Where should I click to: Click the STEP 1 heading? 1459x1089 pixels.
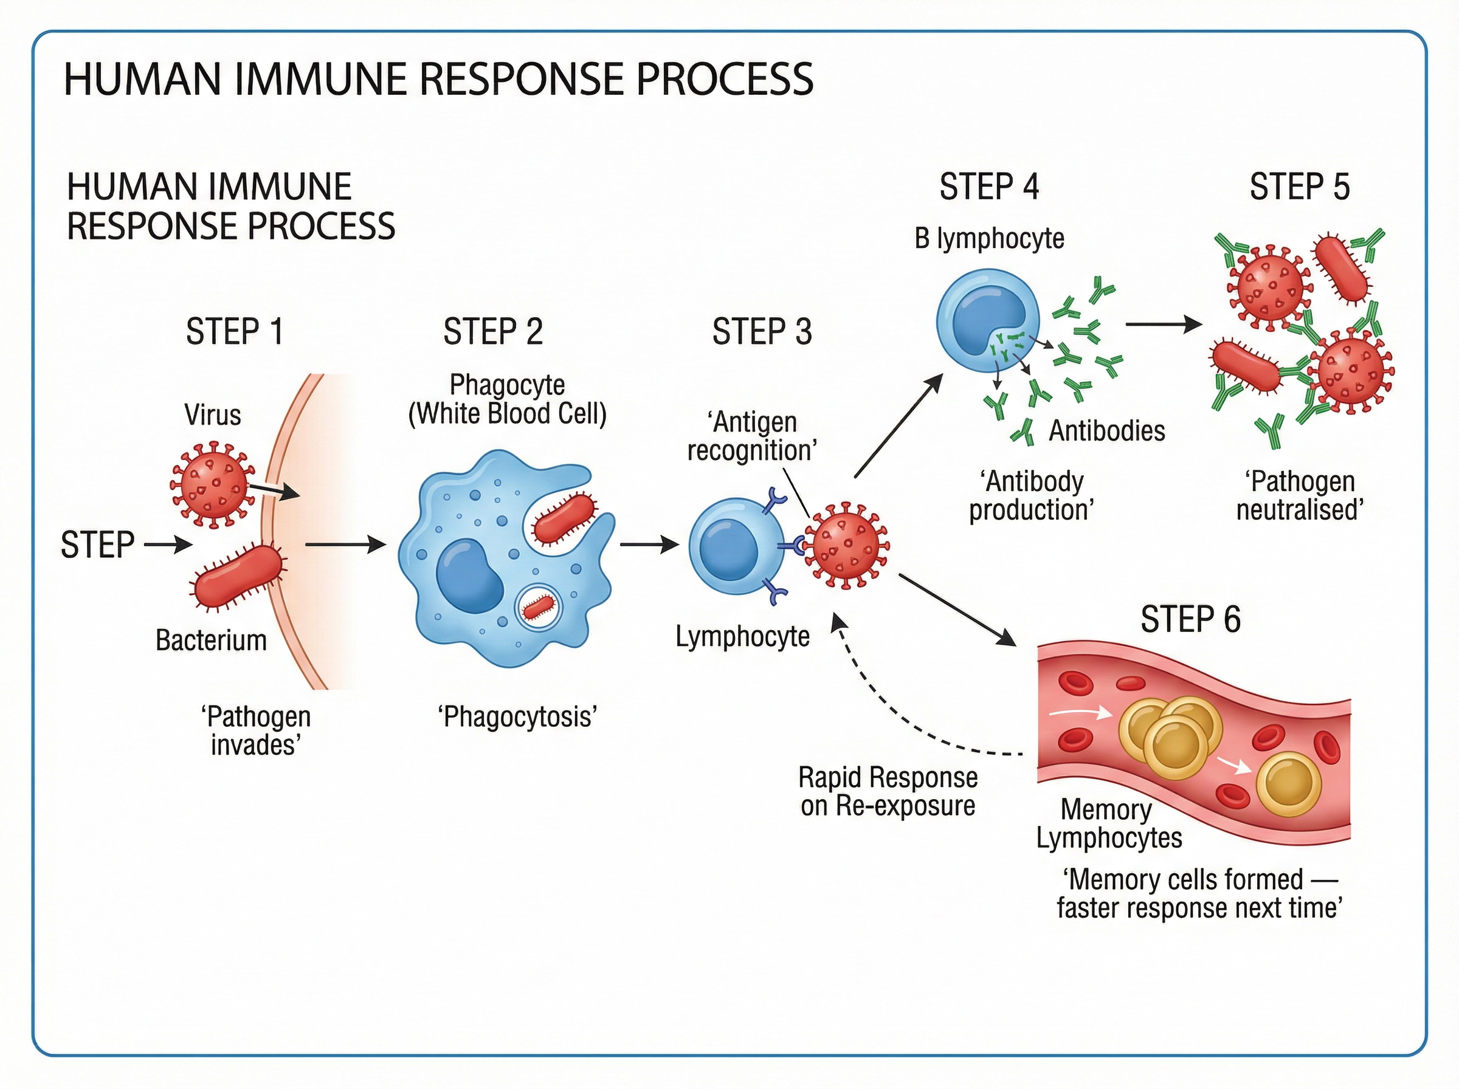[x=234, y=332]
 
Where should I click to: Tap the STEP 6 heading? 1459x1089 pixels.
[x=1190, y=620]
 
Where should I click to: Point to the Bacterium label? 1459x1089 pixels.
[x=211, y=640]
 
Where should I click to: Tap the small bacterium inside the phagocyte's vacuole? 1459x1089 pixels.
[x=539, y=607]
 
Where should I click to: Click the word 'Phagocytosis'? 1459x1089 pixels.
[x=517, y=716]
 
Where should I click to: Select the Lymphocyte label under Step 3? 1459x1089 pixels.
[x=742, y=637]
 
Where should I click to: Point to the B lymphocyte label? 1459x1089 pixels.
[x=989, y=239]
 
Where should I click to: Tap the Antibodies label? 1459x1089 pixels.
[x=1107, y=431]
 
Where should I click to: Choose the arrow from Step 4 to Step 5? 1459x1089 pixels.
[x=1163, y=325]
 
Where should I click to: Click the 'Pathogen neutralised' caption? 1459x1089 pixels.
[x=1299, y=496]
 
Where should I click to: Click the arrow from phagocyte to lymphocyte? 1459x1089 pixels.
[x=649, y=544]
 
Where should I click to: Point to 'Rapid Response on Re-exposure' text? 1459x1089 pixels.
[x=888, y=792]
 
